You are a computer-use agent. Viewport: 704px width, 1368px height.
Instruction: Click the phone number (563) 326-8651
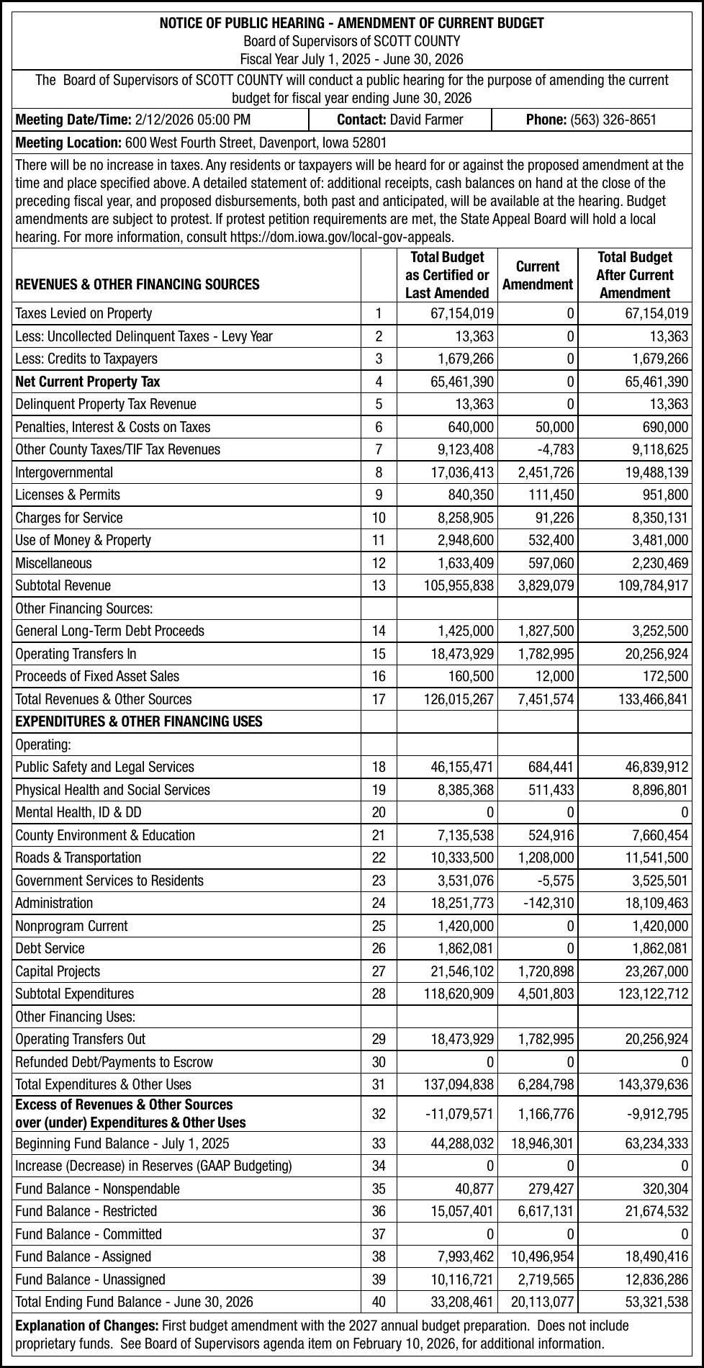[x=613, y=120]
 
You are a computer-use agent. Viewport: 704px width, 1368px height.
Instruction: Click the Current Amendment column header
[x=537, y=275]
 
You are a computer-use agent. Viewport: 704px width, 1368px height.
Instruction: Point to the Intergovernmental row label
[x=64, y=472]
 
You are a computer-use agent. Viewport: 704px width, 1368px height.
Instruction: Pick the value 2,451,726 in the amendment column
[x=546, y=472]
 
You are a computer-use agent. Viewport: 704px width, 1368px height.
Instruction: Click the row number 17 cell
[x=379, y=698]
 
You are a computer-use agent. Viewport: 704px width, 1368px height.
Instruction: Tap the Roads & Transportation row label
[x=78, y=858]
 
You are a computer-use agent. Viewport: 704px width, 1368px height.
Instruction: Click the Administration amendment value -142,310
[x=549, y=903]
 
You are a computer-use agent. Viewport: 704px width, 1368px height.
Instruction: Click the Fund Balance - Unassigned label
[x=90, y=1279]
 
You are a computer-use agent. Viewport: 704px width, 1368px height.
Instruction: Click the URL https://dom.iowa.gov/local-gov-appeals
[x=342, y=236]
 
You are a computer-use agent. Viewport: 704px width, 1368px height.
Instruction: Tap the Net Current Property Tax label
[x=87, y=382]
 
